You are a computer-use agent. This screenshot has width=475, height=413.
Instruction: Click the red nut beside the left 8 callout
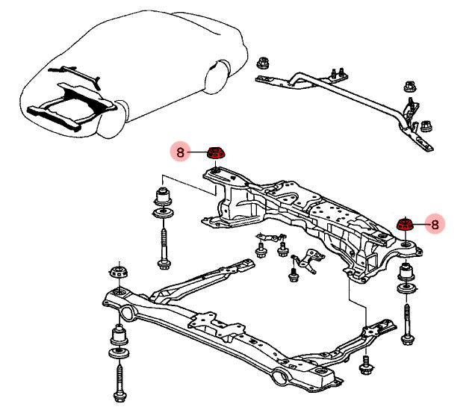tap(217, 153)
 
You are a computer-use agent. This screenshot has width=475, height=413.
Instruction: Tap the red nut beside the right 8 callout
tap(406, 223)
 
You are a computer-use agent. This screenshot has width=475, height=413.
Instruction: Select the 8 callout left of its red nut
tap(180, 152)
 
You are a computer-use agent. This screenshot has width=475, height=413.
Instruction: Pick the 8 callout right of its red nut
tap(435, 223)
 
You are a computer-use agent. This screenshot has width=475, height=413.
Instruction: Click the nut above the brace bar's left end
tap(262, 63)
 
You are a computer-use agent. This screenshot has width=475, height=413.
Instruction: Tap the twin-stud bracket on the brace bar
tap(336, 73)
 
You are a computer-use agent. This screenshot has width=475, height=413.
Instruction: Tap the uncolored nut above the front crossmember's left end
tap(117, 270)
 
